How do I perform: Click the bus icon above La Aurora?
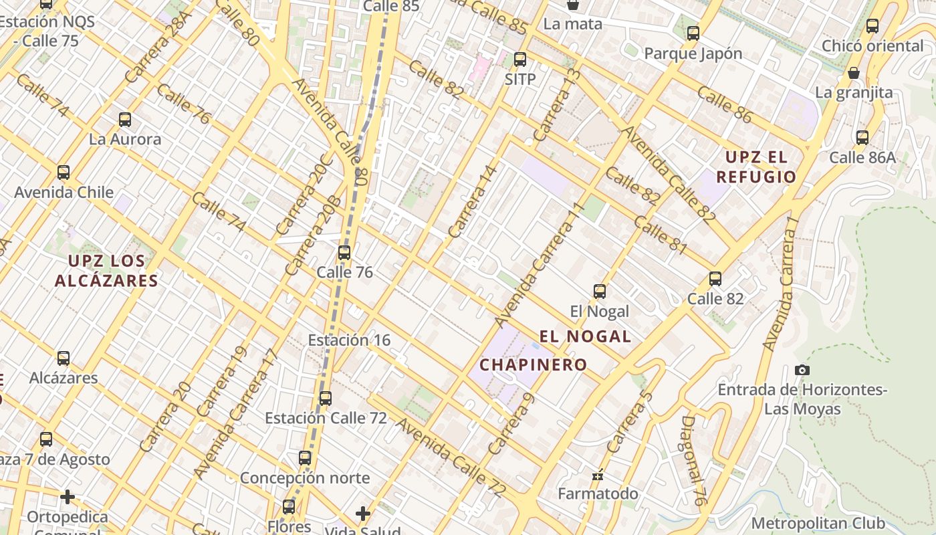tap(125, 120)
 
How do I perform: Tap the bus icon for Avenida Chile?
tap(64, 173)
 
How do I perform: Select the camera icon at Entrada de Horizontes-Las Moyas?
tap(802, 370)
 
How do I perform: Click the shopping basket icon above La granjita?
tap(854, 73)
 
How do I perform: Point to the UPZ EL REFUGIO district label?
tap(756, 167)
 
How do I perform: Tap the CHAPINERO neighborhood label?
tap(533, 365)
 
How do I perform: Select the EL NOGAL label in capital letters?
tap(585, 336)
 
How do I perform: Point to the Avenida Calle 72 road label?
tap(449, 457)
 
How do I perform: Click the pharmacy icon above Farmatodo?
tap(598, 475)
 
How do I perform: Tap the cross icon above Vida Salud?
tap(363, 514)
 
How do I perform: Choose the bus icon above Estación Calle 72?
tap(326, 399)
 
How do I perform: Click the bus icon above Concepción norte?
tap(305, 458)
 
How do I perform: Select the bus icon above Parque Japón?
tap(693, 33)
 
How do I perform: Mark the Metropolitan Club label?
tap(818, 523)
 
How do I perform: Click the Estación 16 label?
tap(349, 340)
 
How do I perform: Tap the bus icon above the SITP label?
tap(520, 59)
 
